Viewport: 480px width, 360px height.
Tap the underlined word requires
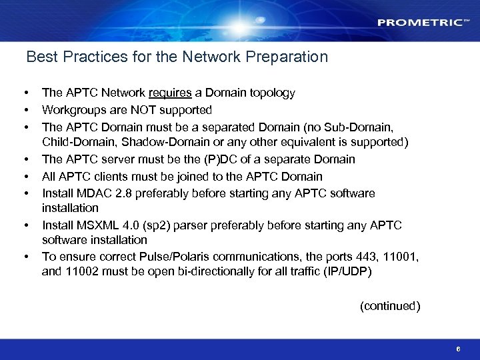pos(171,93)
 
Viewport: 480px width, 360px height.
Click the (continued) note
pos(390,306)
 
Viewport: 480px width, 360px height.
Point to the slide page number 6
pos(458,349)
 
